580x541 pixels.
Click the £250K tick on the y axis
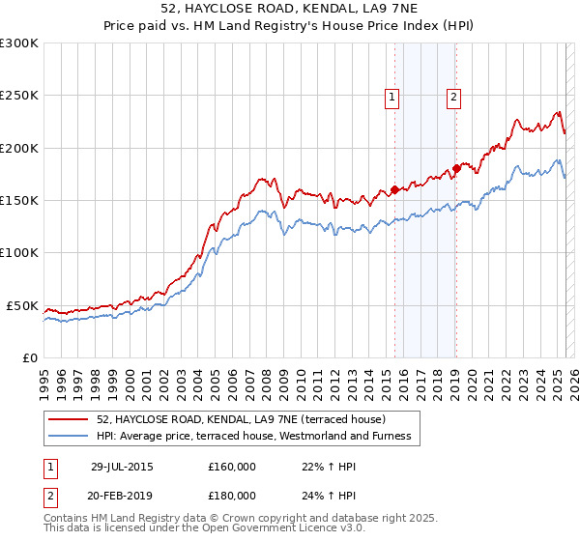click(19, 96)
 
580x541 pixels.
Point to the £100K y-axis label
click(19, 252)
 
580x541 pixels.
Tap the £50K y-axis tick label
click(23, 305)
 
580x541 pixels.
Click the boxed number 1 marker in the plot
click(391, 96)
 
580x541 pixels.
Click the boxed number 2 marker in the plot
click(453, 96)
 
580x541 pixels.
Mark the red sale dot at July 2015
click(395, 190)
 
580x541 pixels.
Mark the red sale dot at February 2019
click(456, 169)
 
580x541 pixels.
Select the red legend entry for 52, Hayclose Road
click(241, 419)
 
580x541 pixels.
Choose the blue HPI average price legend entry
click(253, 437)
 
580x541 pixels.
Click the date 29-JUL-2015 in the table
click(122, 467)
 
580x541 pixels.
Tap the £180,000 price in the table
click(232, 495)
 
